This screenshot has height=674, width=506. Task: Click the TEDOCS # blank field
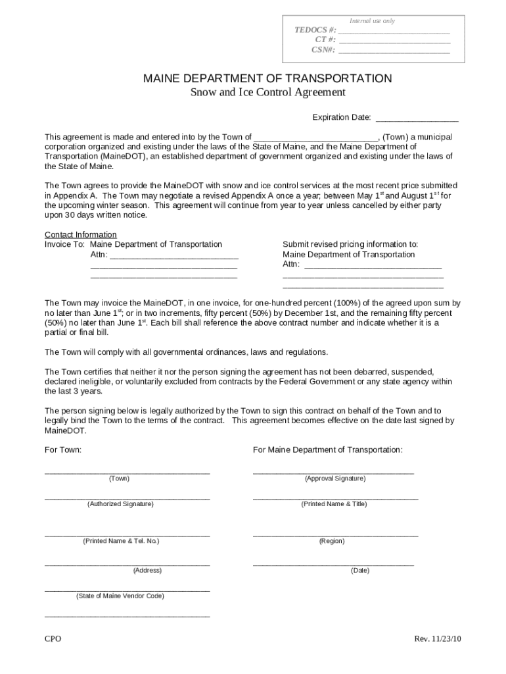(x=394, y=30)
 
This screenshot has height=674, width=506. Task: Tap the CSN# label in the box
(x=324, y=49)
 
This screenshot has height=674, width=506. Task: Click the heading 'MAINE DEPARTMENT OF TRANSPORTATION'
(x=267, y=79)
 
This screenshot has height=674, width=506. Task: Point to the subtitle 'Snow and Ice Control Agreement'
(x=267, y=93)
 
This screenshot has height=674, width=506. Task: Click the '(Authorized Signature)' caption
(x=120, y=504)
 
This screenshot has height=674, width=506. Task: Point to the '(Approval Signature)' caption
(x=335, y=479)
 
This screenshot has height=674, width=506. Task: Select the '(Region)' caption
(x=332, y=541)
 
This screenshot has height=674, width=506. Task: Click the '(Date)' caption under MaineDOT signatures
(x=360, y=571)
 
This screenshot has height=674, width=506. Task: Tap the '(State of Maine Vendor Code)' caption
(x=120, y=596)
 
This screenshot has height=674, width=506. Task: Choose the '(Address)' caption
(x=147, y=571)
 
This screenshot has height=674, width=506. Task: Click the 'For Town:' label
(x=63, y=450)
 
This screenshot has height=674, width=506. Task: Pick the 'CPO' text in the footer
(x=53, y=639)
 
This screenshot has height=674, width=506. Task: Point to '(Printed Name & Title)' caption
(x=334, y=504)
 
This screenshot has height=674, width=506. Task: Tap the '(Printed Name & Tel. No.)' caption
(x=121, y=541)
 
